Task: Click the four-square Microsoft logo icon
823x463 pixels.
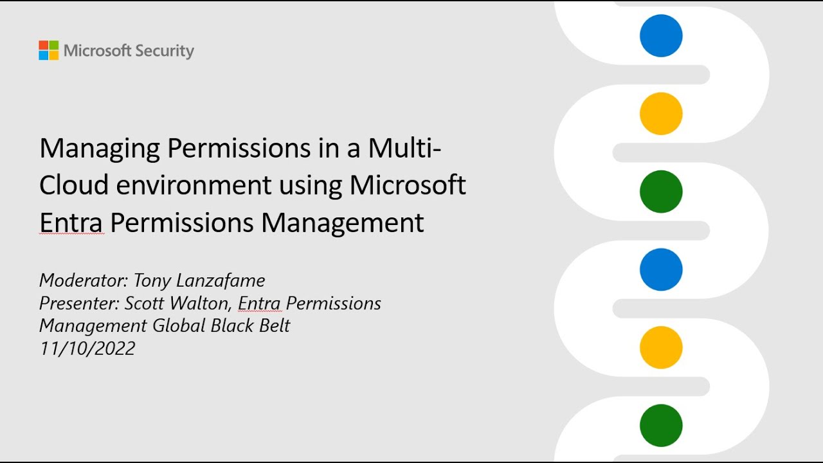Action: pos(48,51)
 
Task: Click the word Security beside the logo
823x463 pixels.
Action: pos(165,51)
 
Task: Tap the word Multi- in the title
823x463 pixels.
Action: pos(404,148)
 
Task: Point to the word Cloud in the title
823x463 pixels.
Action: pos(73,185)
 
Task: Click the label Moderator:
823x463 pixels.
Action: pos(84,281)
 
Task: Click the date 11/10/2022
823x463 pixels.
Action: pos(87,349)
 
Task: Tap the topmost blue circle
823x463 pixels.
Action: pos(661,36)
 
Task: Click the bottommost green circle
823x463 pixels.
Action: pos(661,426)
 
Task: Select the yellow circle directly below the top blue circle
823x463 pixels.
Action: pos(661,114)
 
